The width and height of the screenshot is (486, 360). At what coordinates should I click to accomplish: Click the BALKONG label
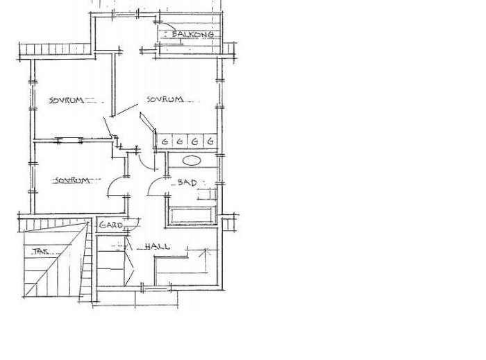coord(193,34)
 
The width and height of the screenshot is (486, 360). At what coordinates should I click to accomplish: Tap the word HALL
coord(158,246)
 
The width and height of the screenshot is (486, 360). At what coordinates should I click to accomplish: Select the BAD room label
coord(187,182)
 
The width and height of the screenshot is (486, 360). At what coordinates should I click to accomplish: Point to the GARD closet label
coord(111,225)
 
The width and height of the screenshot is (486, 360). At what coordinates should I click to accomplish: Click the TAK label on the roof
coord(40,251)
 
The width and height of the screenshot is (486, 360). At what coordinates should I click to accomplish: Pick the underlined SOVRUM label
coord(72,180)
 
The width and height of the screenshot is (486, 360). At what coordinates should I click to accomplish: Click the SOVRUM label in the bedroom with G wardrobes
coord(165,99)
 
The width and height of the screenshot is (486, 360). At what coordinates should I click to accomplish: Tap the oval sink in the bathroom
coord(191,160)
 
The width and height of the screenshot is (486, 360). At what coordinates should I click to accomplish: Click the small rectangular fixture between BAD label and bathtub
coord(207,194)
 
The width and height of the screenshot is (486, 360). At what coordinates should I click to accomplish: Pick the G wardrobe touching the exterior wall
coord(211,141)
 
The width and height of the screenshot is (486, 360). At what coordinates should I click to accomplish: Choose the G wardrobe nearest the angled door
coord(165,141)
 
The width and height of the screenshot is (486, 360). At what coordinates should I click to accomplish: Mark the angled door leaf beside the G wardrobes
coord(147,121)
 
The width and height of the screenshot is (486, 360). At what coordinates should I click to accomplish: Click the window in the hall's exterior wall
coord(156,288)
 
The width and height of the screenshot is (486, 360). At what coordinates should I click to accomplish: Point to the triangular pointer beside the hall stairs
coord(130,267)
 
